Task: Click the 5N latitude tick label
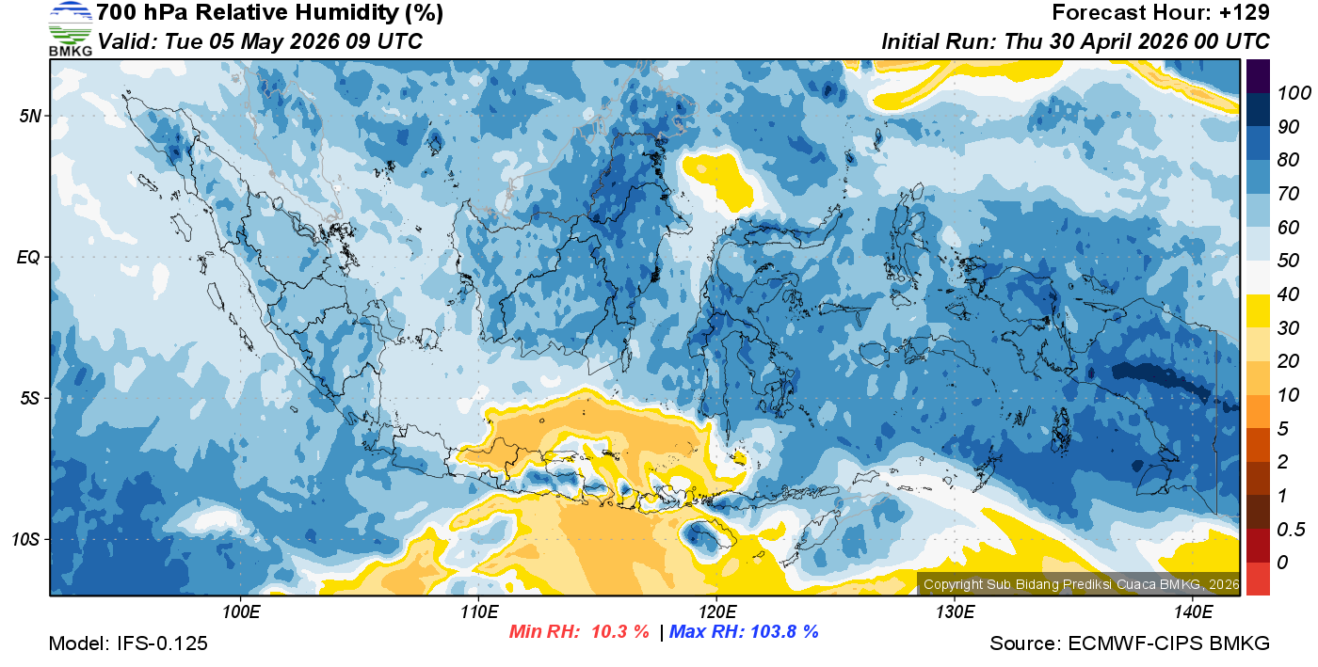[29, 116]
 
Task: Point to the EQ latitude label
[28, 257]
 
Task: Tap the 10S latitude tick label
[26, 539]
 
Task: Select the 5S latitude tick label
[29, 398]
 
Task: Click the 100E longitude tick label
[241, 611]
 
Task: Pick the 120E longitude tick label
[716, 611]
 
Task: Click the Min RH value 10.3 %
[619, 631]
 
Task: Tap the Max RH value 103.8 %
[782, 631]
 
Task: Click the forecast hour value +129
[1246, 13]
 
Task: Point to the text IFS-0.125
[163, 643]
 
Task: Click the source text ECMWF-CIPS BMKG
[1168, 643]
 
